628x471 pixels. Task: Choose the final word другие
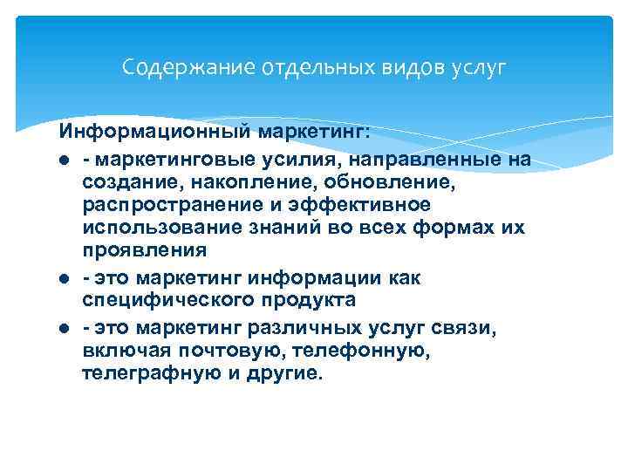click(x=287, y=373)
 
